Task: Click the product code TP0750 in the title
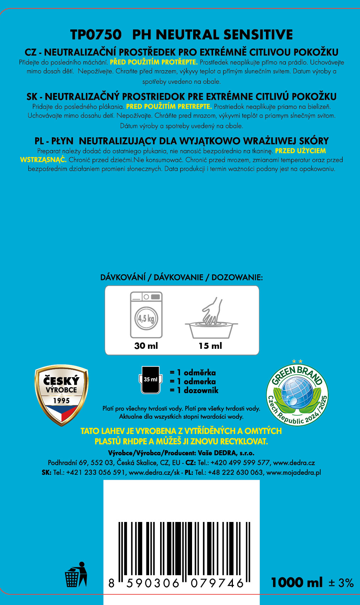(x=96, y=35)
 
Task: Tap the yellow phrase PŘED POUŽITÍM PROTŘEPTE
(x=154, y=62)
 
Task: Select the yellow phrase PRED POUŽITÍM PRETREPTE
(x=169, y=106)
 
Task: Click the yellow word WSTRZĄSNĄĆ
(x=43, y=160)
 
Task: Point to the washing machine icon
(x=146, y=314)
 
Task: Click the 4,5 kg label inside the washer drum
(x=146, y=318)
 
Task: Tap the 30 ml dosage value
(x=146, y=346)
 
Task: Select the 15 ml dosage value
(x=210, y=346)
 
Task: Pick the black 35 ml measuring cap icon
(x=151, y=380)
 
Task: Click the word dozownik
(x=201, y=390)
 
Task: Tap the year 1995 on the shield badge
(x=61, y=401)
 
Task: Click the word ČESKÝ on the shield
(x=61, y=381)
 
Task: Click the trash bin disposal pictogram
(x=76, y=574)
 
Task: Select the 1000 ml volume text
(x=297, y=583)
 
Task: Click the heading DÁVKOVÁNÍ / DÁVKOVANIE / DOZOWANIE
(x=181, y=277)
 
